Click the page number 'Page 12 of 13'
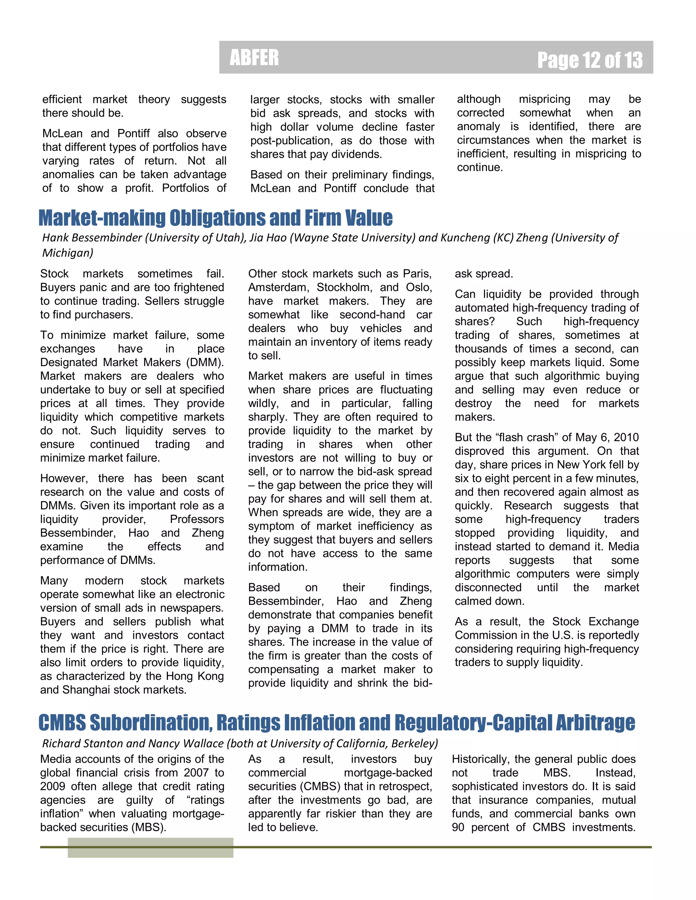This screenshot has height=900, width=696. pyautogui.click(x=590, y=60)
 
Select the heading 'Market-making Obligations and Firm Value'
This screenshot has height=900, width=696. pyautogui.click(x=215, y=218)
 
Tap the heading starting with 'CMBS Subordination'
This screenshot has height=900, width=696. pyautogui.click(x=336, y=722)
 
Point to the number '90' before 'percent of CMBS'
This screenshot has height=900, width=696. pyautogui.click(x=458, y=827)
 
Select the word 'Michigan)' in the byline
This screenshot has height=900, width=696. pyautogui.click(x=68, y=253)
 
